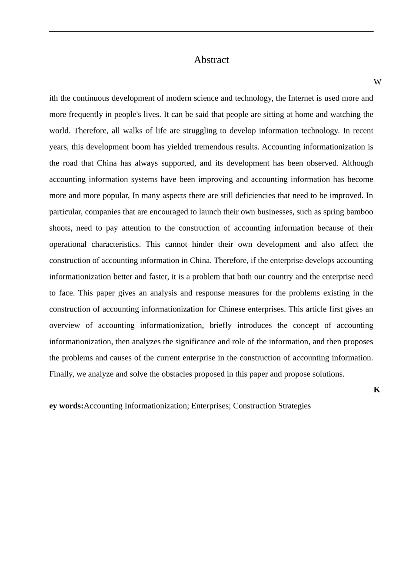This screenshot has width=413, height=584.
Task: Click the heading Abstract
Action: point(211,60)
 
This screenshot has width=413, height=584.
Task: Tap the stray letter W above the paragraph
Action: point(377,82)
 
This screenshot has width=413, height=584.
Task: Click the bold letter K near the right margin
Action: point(376,390)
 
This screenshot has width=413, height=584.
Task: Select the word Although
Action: point(357,163)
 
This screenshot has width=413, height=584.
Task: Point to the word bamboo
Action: point(360,212)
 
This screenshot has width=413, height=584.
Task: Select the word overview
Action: point(64,325)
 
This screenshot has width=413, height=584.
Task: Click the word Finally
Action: point(61,374)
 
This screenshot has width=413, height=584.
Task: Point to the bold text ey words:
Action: point(66,406)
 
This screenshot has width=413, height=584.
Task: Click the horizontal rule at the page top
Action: point(211,32)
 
